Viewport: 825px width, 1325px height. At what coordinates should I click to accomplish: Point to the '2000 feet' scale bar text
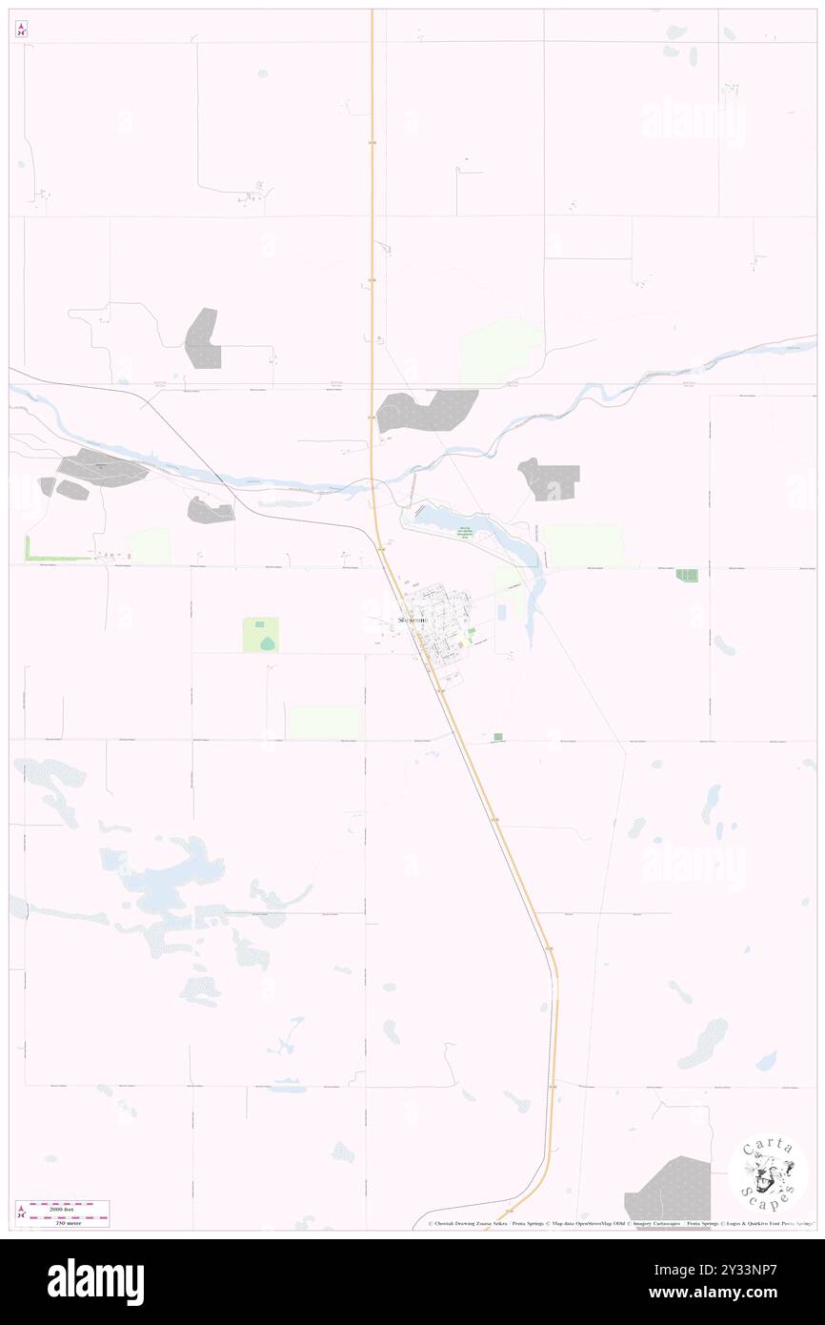pos(69,1206)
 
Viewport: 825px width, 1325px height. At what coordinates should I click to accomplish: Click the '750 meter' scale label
pos(69,1221)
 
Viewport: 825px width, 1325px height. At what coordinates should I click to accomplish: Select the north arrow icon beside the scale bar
pos(19,1213)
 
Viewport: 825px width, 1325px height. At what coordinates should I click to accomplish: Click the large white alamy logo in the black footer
pos(95,1281)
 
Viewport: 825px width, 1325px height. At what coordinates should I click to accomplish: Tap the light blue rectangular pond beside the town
pos(502,613)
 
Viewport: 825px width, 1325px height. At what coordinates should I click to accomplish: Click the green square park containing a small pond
pos(261,635)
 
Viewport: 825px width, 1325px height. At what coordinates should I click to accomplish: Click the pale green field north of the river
pos(501,351)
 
